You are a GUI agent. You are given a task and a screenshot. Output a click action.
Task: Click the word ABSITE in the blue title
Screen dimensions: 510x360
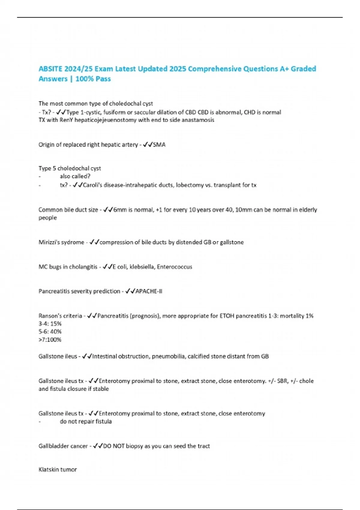pos(50,69)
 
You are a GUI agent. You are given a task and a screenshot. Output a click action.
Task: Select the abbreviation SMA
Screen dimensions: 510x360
pos(159,145)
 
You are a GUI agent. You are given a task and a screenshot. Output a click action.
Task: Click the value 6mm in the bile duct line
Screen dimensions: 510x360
pos(120,210)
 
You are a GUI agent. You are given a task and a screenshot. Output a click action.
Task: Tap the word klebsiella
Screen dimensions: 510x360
pos(141,267)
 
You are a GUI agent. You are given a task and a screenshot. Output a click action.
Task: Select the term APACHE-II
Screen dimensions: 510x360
pos(149,291)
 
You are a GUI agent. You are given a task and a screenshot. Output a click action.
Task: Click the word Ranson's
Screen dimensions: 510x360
pos(49,316)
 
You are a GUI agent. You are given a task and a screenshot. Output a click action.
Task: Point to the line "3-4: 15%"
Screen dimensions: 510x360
pos(50,324)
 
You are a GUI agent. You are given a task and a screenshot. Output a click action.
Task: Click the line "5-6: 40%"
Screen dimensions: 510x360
pos(50,331)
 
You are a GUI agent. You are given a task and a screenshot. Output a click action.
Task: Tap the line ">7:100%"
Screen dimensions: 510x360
pos(50,340)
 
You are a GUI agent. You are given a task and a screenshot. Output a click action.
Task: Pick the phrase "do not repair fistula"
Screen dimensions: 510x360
pos(85,421)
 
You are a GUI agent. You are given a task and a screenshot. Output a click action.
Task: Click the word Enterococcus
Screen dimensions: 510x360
pos(174,267)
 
